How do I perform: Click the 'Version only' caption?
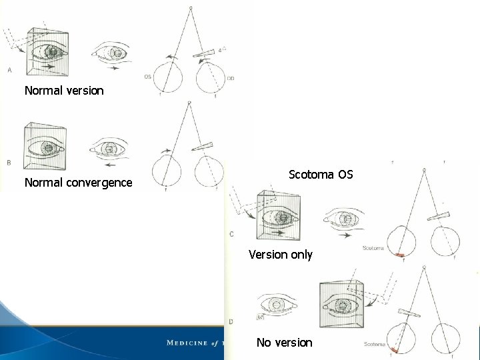click(x=280, y=254)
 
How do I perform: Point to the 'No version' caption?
click(x=284, y=342)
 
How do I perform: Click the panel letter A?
click(x=9, y=69)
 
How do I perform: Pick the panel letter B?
click(x=9, y=161)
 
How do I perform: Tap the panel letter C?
click(x=231, y=233)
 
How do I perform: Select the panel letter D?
click(x=231, y=321)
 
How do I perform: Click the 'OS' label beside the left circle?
click(x=147, y=77)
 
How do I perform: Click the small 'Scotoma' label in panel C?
click(x=373, y=248)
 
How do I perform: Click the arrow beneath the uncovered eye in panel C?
click(x=345, y=235)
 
